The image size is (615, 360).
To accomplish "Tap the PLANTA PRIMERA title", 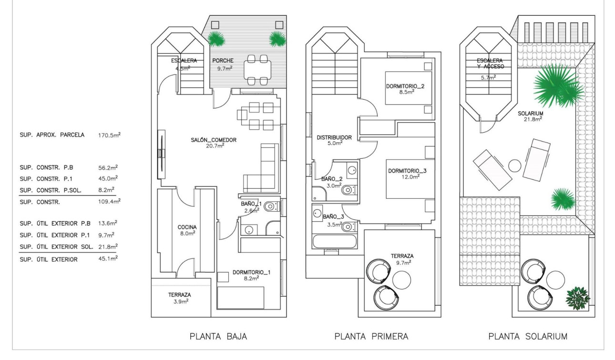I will click(371, 337).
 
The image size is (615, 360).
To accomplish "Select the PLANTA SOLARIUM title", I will click(528, 337).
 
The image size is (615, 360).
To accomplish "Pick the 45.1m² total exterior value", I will click(108, 259).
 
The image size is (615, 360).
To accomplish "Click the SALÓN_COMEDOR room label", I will click(212, 140).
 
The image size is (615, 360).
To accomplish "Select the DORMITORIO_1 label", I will click(252, 272).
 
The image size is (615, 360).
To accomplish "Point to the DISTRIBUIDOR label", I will click(334, 137).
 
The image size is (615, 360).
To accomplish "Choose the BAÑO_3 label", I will click(333, 216).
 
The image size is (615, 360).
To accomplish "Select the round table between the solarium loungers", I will click(515, 166).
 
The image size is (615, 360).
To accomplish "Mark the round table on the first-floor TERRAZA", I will click(402, 278).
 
